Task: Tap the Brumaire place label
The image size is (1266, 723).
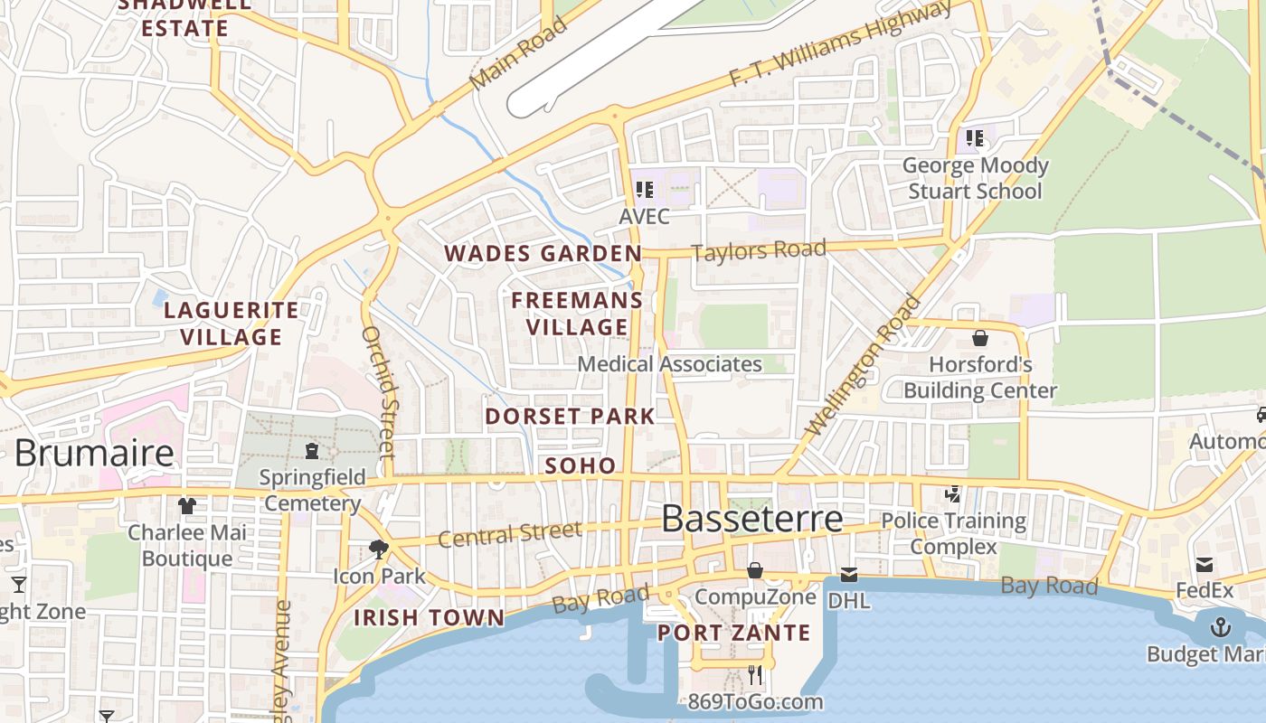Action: pos(94,453)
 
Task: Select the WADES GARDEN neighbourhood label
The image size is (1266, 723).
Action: pos(543,254)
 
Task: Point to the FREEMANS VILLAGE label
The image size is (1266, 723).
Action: pos(577,314)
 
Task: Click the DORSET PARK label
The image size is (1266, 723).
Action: pos(570,417)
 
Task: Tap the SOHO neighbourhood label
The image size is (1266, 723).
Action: pos(581,466)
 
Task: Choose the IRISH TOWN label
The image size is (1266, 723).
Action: pos(429,618)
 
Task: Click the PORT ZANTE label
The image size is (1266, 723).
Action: pos(733,633)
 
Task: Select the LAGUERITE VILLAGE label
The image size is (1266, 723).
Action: pos(231,324)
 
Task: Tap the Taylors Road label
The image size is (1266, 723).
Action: pos(759,251)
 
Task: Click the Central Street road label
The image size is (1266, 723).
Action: pos(509,534)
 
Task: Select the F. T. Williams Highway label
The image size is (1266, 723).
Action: pos(840,44)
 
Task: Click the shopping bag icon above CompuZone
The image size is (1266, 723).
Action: pos(754,570)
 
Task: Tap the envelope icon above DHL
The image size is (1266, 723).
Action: pos(849,574)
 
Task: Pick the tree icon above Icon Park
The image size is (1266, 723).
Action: pos(379,549)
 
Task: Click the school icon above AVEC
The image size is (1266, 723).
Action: pos(644,190)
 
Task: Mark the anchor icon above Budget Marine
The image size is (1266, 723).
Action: pos(1221,626)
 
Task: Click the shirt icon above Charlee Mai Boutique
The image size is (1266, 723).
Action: pos(187,505)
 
